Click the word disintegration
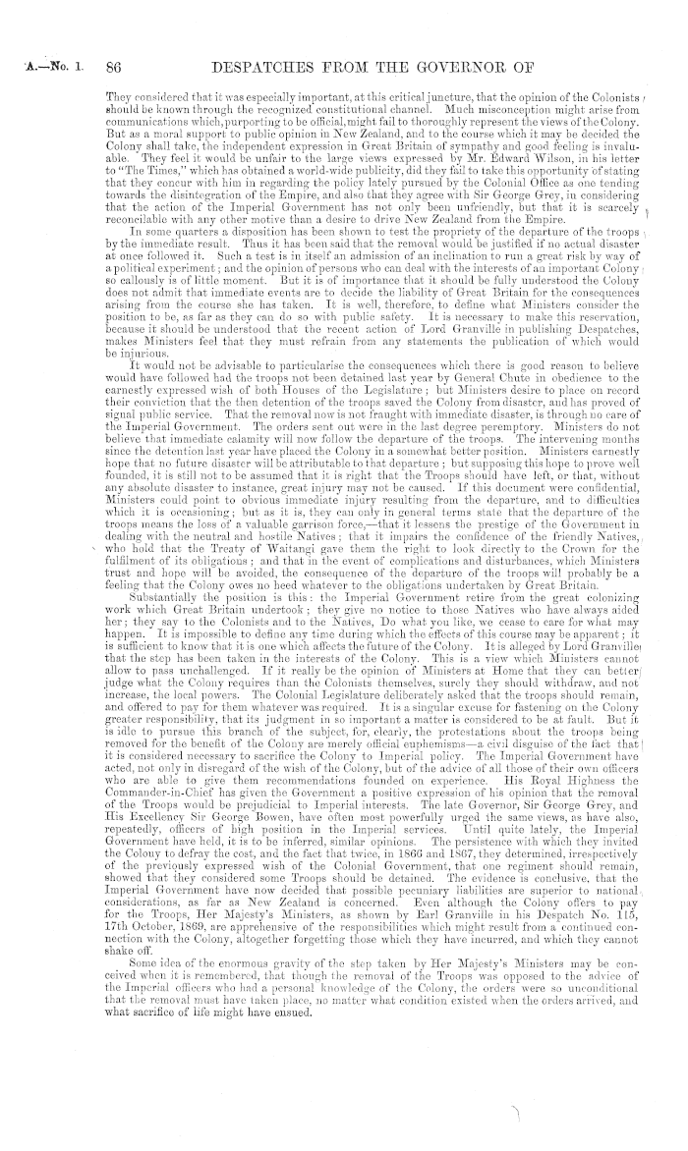(x=179, y=196)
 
